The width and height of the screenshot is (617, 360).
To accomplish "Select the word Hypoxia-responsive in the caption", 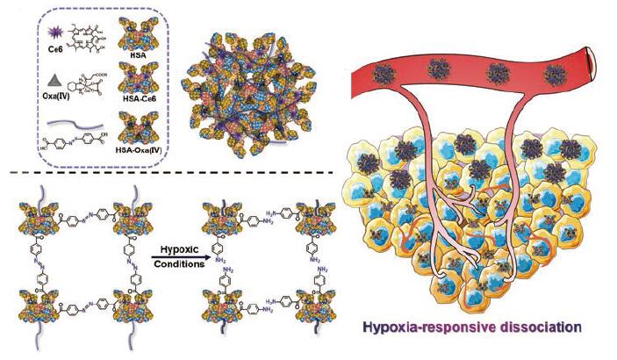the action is (x=434, y=328).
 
